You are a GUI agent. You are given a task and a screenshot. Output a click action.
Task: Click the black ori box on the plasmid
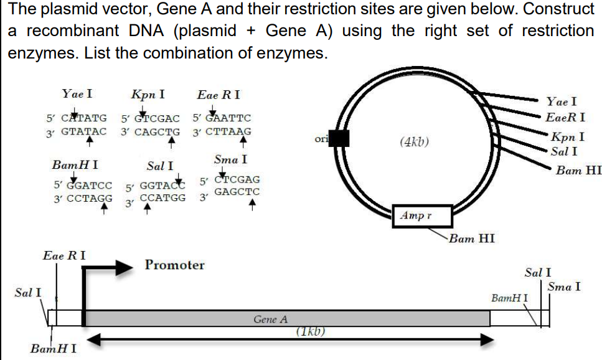[339, 138]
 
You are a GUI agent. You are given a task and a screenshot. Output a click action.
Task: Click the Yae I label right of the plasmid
[561, 102]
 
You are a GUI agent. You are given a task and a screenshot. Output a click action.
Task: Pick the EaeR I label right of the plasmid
[565, 117]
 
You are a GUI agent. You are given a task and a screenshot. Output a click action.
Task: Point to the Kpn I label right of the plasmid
[567, 137]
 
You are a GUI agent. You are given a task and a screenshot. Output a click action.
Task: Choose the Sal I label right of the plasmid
[564, 151]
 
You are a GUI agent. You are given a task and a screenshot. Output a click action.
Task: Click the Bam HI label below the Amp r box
[471, 238]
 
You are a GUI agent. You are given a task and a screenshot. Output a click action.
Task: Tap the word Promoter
[174, 265]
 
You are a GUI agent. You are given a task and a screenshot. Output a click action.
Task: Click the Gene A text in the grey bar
[270, 320]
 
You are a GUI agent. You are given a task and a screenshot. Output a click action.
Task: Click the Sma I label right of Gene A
[564, 287]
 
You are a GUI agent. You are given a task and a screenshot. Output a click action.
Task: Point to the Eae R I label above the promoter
[64, 255]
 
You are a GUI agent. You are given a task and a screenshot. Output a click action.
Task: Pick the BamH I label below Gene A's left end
[54, 348]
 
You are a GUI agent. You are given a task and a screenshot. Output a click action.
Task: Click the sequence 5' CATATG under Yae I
[76, 118]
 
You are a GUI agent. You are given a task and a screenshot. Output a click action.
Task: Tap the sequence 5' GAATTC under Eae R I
[222, 118]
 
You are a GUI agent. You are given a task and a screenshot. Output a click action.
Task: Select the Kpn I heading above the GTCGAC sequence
[148, 95]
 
